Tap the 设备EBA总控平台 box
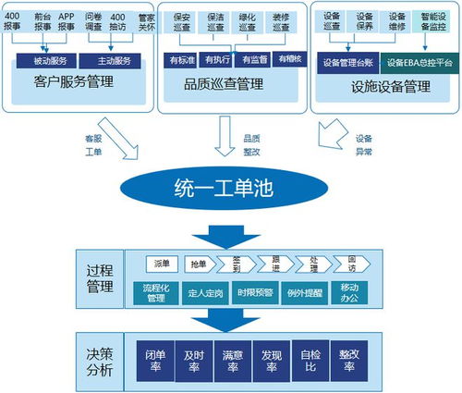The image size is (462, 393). coord(414,62)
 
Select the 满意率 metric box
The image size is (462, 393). coord(232,359)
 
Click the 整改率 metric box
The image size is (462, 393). coord(348,359)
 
